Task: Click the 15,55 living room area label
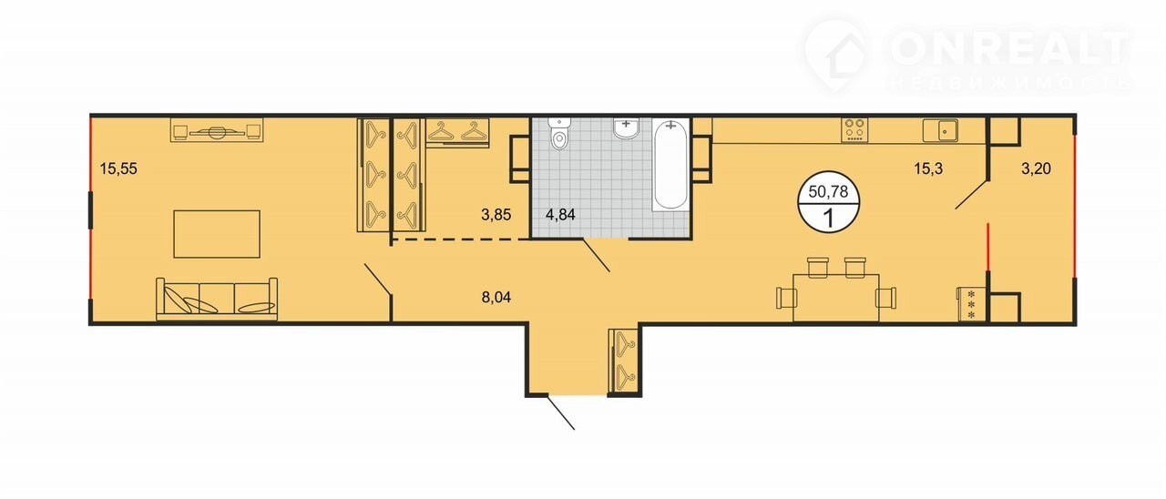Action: pyautogui.click(x=118, y=168)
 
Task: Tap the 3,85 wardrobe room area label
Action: pyautogui.click(x=496, y=215)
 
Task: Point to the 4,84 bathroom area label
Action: pyautogui.click(x=560, y=215)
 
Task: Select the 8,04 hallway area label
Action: pyautogui.click(x=496, y=298)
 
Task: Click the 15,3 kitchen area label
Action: pyautogui.click(x=928, y=168)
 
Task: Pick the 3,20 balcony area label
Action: pyautogui.click(x=1036, y=168)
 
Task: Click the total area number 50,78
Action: pyautogui.click(x=828, y=192)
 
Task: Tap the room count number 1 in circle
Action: pyautogui.click(x=828, y=219)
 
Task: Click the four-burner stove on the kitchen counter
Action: pyautogui.click(x=855, y=130)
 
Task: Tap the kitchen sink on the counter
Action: pyautogui.click(x=941, y=130)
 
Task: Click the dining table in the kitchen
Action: pyautogui.click(x=836, y=298)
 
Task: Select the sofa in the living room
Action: pyautogui.click(x=217, y=300)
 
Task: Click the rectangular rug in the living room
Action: pyautogui.click(x=217, y=234)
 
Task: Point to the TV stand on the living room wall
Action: pyautogui.click(x=217, y=130)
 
